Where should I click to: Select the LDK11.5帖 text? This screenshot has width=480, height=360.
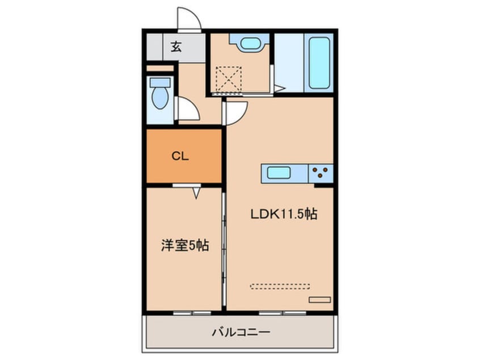click(x=284, y=214)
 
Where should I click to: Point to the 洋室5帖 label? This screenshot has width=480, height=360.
click(x=184, y=246)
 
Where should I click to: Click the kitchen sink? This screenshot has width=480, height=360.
click(x=279, y=173)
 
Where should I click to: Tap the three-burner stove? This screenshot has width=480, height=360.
click(x=321, y=171)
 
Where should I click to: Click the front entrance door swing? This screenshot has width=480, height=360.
click(x=190, y=20)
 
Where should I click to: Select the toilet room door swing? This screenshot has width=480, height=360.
click(x=188, y=109)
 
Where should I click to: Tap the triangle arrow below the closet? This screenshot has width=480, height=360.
click(x=196, y=194)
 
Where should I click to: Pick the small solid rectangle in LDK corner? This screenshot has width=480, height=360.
click(x=319, y=299)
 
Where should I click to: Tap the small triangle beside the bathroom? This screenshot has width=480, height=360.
click(x=278, y=88)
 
